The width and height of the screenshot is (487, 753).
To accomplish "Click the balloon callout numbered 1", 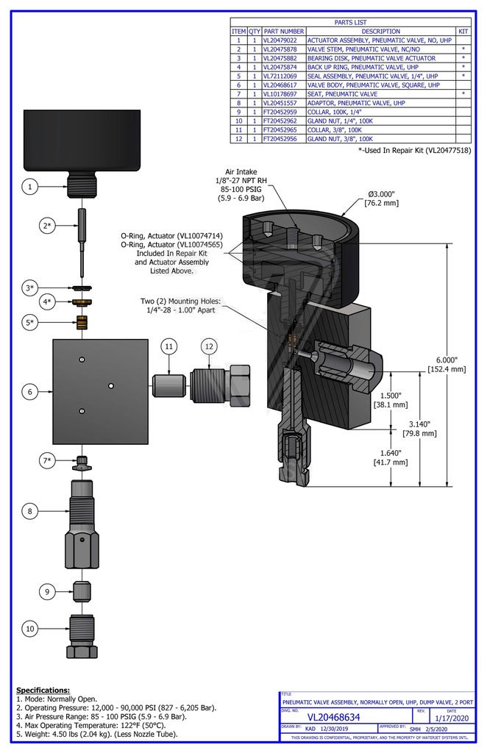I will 30,188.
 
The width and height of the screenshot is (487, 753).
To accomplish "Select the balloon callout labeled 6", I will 30,392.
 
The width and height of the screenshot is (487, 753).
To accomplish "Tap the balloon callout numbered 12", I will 210,346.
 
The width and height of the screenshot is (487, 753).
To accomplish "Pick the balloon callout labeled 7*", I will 47,460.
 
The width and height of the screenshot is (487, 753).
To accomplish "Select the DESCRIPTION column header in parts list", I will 380,32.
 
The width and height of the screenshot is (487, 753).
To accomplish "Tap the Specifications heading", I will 43,690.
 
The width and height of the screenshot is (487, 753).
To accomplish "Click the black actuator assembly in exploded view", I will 82,140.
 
